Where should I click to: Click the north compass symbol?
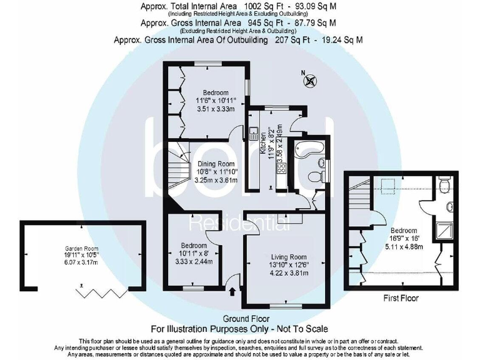(x=311, y=81)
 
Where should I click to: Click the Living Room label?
(x=288, y=257)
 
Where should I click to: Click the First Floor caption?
(x=401, y=299)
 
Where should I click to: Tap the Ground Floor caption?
(x=240, y=319)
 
